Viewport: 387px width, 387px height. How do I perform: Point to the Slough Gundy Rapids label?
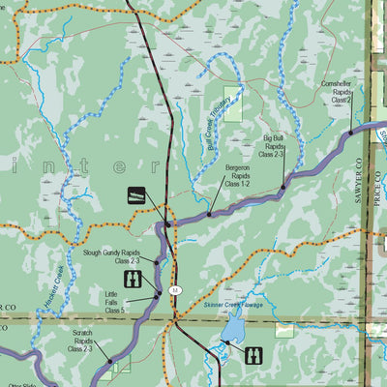point(113,255)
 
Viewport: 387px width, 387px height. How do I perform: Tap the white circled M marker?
point(175,290)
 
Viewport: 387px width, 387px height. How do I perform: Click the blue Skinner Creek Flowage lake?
point(232,332)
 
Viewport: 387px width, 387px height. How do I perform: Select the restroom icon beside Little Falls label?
point(134,281)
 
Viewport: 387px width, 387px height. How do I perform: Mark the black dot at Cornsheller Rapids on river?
point(349,133)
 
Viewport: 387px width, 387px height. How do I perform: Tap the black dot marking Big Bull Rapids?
point(283,188)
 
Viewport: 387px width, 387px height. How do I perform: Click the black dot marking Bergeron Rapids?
point(209,214)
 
